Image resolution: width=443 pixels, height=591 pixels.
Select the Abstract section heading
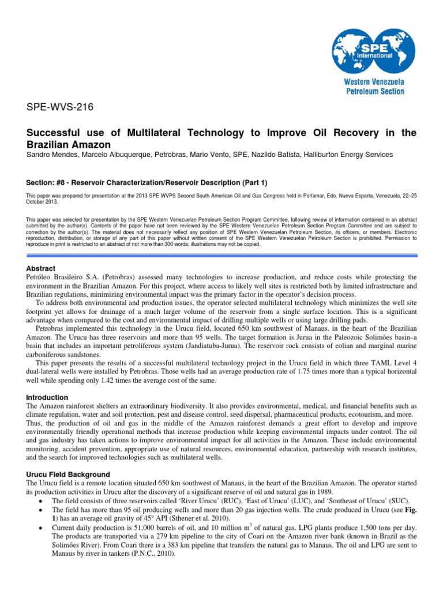click(x=42, y=268)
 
